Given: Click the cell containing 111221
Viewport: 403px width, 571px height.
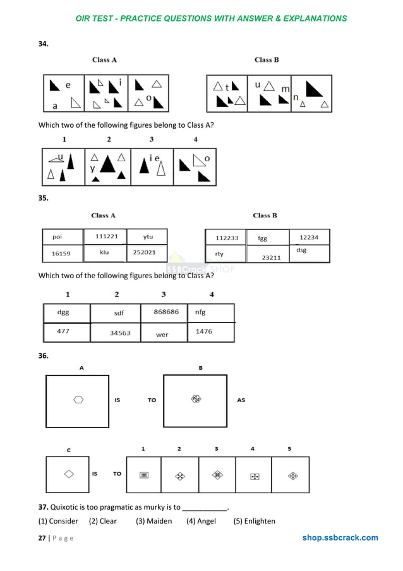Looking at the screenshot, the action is coord(105,236).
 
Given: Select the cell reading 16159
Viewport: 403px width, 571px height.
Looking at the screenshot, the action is coord(62,253).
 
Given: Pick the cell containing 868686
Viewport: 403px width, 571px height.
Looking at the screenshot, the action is coord(166,312).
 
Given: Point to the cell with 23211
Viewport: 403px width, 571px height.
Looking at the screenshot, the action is coord(271,257).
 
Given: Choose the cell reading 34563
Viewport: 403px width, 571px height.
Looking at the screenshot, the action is coord(120,333).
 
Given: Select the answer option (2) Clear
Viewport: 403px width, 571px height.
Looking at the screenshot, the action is coord(103,521).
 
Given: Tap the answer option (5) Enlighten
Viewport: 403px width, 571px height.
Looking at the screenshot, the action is coord(255,521).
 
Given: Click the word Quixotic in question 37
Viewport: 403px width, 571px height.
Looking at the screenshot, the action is coord(66,507).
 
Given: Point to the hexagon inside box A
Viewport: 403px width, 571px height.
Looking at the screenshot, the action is coord(78,399).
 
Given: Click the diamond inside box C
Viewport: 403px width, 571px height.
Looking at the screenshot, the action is coord(69,473).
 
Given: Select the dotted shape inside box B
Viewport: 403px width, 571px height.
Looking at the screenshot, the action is coord(196,399).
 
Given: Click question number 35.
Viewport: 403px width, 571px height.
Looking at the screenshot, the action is coord(44,198).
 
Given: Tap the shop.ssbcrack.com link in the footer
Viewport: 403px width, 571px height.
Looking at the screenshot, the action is coord(340,538).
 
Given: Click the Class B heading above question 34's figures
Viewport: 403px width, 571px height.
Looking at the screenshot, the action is coord(267,60).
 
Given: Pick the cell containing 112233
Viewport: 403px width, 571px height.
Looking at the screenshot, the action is coord(227,238).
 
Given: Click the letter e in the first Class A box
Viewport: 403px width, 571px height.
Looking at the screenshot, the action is coord(68,85).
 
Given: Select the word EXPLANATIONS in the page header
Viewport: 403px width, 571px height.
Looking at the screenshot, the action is coord(310,18).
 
